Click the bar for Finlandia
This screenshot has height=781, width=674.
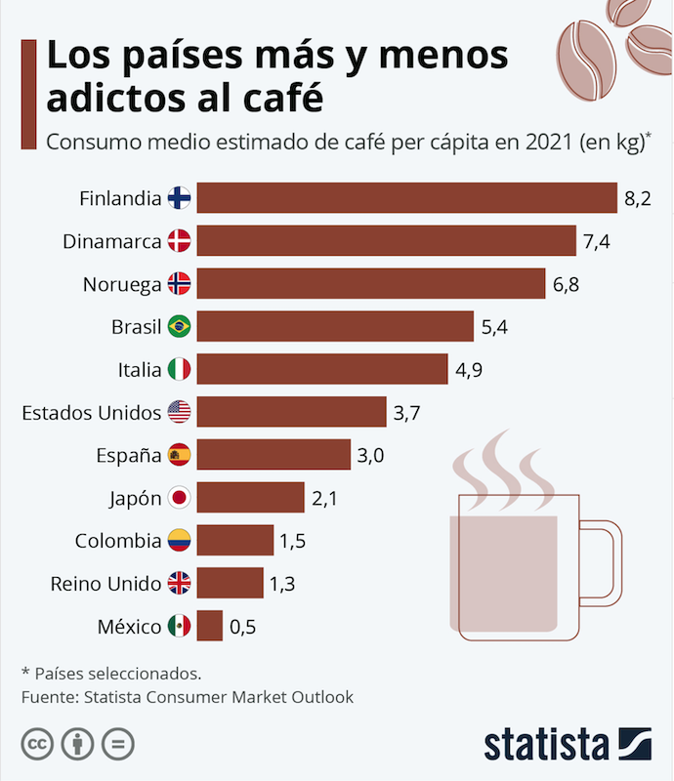406,198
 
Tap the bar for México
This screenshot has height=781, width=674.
210,626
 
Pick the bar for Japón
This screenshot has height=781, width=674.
251,498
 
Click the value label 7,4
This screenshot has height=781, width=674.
596,241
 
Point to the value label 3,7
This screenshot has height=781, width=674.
406,413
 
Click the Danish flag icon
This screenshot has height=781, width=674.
180,241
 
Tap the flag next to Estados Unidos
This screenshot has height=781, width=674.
180,412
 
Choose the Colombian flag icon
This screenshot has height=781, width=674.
180,541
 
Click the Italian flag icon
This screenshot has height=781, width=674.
180,369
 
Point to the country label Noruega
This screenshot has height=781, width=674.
122,284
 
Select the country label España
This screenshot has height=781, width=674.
129,455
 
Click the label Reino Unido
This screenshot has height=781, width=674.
105,584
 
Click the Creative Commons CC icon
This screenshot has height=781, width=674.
37,744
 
